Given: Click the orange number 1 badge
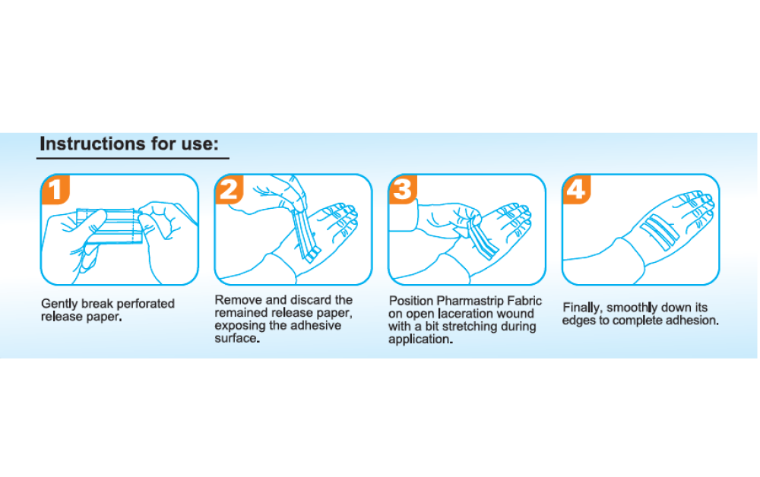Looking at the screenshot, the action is [56, 189].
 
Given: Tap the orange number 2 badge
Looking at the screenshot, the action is [230, 189].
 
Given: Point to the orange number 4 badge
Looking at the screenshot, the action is [577, 189].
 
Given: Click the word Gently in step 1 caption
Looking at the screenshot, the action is [59, 304].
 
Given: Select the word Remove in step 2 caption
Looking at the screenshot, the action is [238, 300].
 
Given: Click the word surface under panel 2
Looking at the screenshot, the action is [237, 339].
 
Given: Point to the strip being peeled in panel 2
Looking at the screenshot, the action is [306, 235].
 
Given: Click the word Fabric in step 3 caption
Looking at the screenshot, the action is [524, 302].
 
